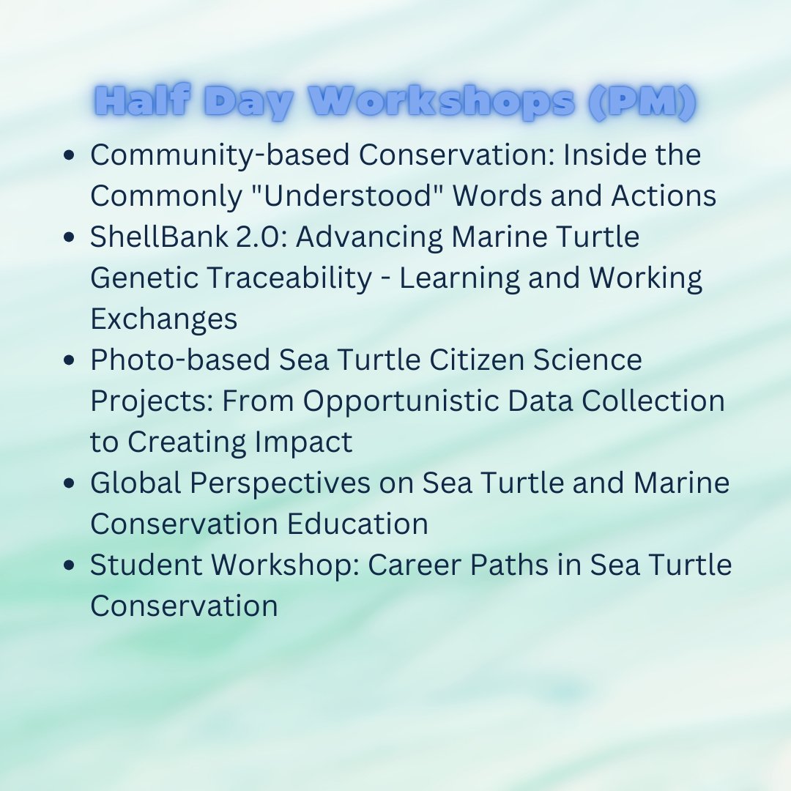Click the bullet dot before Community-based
pos(70,156)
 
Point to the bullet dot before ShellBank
pos(70,238)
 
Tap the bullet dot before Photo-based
pos(70,361)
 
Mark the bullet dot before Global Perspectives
pos(70,484)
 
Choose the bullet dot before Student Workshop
pos(70,566)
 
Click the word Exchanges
pos(163,319)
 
